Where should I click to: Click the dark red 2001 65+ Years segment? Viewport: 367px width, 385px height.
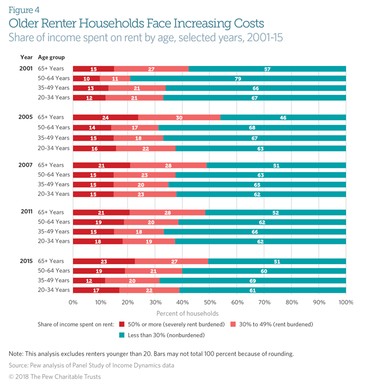tap(94, 69)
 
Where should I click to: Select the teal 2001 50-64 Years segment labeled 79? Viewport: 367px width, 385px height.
tap(238, 78)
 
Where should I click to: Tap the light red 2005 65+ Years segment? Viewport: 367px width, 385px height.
tap(179, 118)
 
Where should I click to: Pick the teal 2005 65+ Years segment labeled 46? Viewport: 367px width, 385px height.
tap(283, 118)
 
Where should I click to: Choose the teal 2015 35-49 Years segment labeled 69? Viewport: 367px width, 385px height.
tap(253, 281)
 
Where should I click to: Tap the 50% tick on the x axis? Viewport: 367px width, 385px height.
tap(209, 303)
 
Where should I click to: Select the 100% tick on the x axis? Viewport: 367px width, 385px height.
tap(346, 303)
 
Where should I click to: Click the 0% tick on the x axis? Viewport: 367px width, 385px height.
tap(73, 303)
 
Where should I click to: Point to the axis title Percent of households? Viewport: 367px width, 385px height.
tap(187, 313)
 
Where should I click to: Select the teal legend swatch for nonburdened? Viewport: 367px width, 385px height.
tap(123, 335)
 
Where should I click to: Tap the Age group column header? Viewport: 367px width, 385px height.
tap(51, 57)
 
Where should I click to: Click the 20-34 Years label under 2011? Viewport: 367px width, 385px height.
tap(54, 241)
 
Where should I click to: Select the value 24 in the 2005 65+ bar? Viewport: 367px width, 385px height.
tap(106, 118)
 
